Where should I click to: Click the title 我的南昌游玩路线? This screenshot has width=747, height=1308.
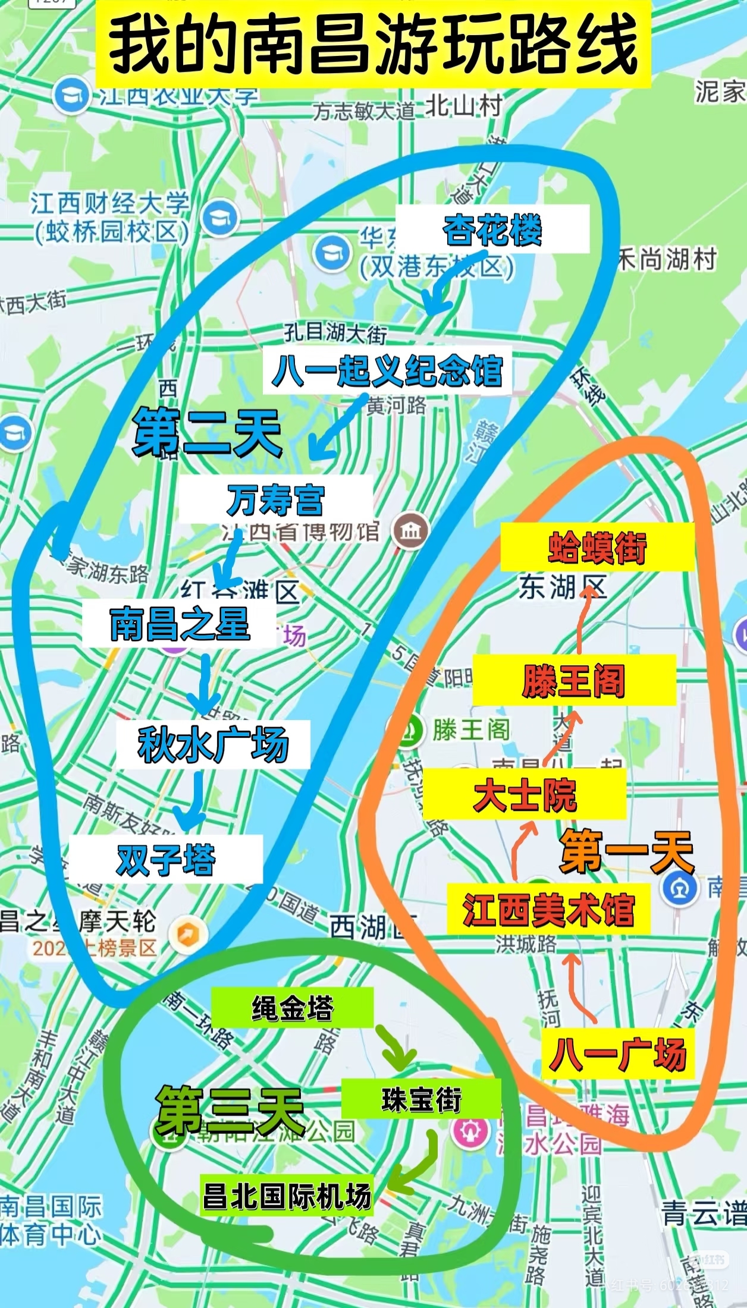(373, 45)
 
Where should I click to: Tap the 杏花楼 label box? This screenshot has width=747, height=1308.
(492, 229)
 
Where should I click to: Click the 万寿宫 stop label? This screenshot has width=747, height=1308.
(275, 499)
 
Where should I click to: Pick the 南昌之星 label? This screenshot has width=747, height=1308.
(180, 624)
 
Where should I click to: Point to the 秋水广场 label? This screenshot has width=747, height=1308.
(214, 744)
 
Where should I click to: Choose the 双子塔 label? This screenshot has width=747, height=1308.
(166, 859)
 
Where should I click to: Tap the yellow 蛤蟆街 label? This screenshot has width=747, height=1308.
(597, 548)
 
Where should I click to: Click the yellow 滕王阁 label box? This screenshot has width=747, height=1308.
(575, 680)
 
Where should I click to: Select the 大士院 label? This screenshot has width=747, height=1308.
(525, 794)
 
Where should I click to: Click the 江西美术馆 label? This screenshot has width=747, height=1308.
(548, 910)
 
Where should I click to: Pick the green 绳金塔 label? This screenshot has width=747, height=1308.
(292, 1007)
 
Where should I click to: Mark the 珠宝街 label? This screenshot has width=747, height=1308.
(421, 1099)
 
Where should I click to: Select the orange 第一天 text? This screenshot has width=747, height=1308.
(627, 851)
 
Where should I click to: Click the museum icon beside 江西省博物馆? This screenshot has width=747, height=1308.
(410, 530)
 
